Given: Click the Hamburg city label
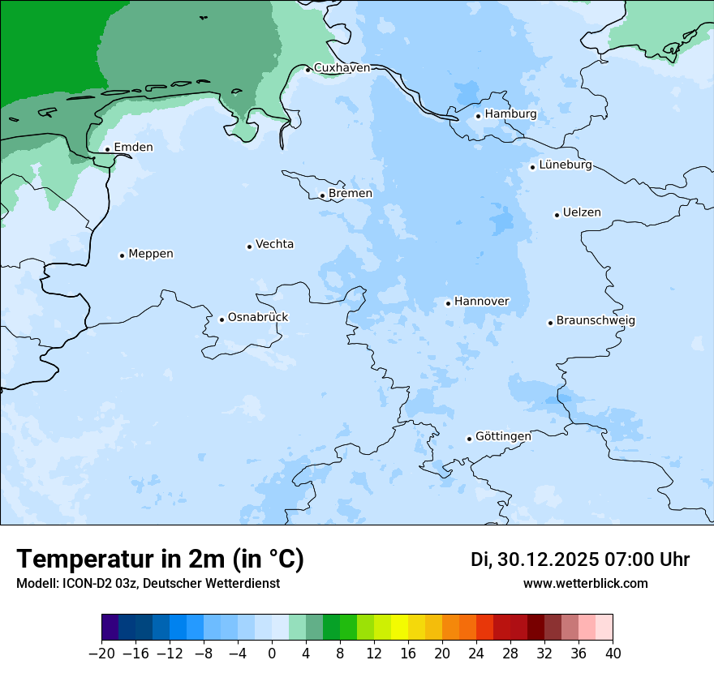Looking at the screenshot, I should coord(510,114).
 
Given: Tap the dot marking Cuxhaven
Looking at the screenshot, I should coord(308,70).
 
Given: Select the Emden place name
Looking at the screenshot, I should coord(133,147).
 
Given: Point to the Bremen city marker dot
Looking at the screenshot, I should coord(322,195).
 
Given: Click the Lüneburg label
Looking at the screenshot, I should coord(565,165).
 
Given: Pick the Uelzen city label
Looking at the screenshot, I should coord(582,212).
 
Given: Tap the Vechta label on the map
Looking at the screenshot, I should coord(274,244).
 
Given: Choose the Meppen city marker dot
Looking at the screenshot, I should coord(122,255).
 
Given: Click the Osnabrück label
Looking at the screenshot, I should coord(257,317).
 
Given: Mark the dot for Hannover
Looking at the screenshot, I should coord(448,303).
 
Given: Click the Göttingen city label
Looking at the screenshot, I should coord(503,436).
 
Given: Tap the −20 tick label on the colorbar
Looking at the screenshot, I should coord(102,654).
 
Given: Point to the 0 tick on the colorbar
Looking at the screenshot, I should coord(272,654).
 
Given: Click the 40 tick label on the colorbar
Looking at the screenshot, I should coord(613,654).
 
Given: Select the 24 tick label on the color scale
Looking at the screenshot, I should coord(476,654).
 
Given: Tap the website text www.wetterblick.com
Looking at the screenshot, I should coord(585,584).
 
